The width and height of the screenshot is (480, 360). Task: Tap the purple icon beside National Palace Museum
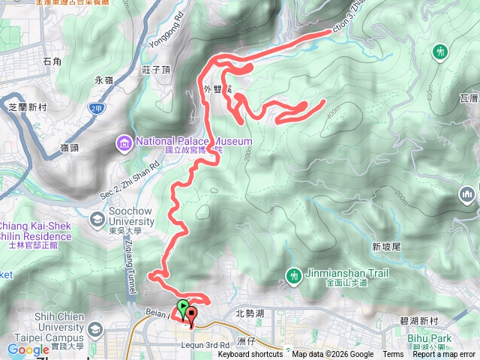(123, 142)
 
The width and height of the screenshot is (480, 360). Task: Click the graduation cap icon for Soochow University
(97, 220)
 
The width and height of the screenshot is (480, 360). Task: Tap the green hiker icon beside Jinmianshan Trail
(293, 277)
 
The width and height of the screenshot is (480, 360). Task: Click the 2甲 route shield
(95, 108)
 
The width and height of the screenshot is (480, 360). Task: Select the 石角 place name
(52, 61)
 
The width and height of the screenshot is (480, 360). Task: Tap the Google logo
(28, 349)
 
